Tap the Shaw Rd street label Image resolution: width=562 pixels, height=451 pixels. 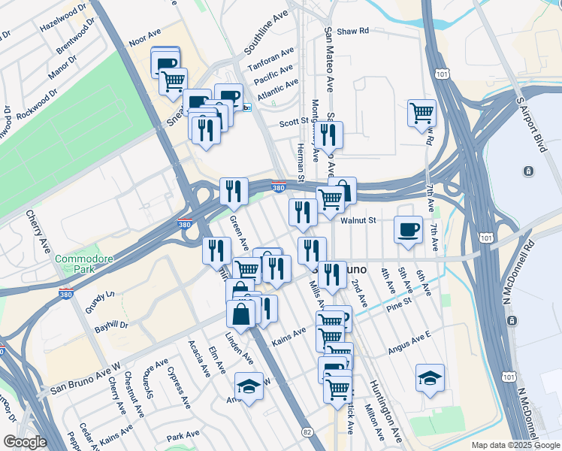click(352, 32)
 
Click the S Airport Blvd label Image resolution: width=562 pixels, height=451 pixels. click(528, 123)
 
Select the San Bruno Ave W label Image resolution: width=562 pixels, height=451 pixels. click(85, 378)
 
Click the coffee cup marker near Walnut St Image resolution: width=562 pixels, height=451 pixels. click(408, 229)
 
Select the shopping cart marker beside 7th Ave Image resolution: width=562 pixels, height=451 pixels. click(421, 114)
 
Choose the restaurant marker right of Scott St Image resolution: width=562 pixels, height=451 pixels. click(328, 135)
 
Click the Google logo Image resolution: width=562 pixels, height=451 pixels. click(24, 442)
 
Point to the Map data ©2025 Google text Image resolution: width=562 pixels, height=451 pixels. click(515, 445)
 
